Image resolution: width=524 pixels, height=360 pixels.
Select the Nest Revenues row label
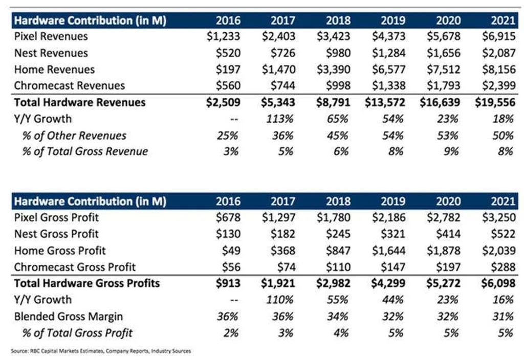(x=51, y=53)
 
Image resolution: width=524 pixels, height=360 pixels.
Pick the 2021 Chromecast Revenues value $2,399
(x=497, y=86)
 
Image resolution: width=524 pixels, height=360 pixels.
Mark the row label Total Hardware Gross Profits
(x=87, y=283)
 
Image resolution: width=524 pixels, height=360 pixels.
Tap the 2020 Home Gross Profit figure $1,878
(x=443, y=250)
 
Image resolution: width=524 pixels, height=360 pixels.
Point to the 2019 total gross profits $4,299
(x=387, y=283)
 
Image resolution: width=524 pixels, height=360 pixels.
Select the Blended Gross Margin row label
(x=68, y=317)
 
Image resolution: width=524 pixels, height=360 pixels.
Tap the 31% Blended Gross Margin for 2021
(x=502, y=317)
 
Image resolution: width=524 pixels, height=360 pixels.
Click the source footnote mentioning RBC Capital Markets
(x=101, y=351)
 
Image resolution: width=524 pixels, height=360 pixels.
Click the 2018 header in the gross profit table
(x=338, y=201)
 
